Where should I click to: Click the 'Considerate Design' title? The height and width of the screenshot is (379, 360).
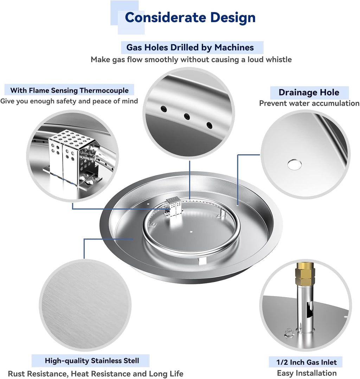[x=190, y=18]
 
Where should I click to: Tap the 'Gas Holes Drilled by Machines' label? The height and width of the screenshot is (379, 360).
[x=190, y=47]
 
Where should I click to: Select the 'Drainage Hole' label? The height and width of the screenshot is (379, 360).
[x=309, y=93]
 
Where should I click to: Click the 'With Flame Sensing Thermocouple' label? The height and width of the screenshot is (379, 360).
[x=69, y=90]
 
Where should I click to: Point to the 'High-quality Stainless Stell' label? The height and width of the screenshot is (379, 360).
[x=92, y=360]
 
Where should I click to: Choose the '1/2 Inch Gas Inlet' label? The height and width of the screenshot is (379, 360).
[x=307, y=362]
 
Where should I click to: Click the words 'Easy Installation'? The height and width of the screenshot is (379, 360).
[x=307, y=373]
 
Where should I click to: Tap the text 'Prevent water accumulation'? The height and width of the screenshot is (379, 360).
[x=309, y=103]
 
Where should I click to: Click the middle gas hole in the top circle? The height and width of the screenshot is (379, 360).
[x=187, y=117]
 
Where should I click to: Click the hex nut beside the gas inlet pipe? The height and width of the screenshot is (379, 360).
[x=288, y=331]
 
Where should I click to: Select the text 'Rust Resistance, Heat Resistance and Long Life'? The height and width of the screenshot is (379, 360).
[x=96, y=374]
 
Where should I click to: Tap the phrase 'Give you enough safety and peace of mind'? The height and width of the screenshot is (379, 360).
[x=69, y=101]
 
